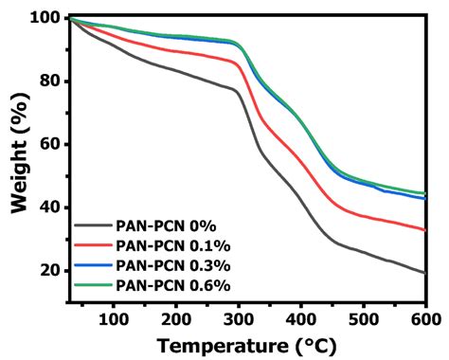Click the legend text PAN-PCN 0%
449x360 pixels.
(166, 226)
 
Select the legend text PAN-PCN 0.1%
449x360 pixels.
(172, 246)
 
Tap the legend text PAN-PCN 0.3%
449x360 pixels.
(172, 265)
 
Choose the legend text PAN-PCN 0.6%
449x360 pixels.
(172, 284)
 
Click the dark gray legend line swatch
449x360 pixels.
(93, 226)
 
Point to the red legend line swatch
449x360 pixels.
(93, 246)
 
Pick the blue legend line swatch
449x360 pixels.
(93, 265)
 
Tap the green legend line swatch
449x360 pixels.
(93, 284)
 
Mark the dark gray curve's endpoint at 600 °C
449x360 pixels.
(425, 273)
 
